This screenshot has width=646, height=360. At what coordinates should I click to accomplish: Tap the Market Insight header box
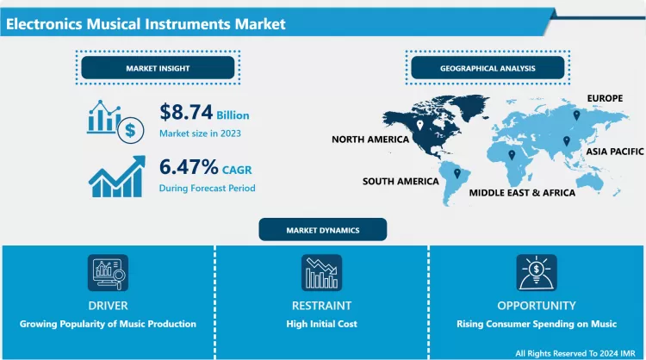coord(158,68)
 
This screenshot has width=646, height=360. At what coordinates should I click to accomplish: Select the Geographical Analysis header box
coord(488,68)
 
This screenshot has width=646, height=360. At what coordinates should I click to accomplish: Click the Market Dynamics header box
coord(323,230)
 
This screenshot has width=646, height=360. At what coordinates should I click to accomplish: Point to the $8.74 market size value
coord(186,112)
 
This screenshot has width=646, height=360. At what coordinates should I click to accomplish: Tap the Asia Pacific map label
coord(615,151)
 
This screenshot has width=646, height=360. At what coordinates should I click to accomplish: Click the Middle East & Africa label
coord(522,193)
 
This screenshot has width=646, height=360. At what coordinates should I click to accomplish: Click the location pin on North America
coord(419,126)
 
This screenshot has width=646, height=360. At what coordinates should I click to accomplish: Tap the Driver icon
coord(108,273)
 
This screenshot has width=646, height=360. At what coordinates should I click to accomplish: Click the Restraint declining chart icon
coord(321,273)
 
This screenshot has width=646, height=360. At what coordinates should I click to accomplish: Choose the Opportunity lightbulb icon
coord(536,273)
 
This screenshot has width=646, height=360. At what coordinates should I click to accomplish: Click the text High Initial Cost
coord(321,324)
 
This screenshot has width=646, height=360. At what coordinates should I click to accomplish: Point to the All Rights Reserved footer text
coord(576,353)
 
